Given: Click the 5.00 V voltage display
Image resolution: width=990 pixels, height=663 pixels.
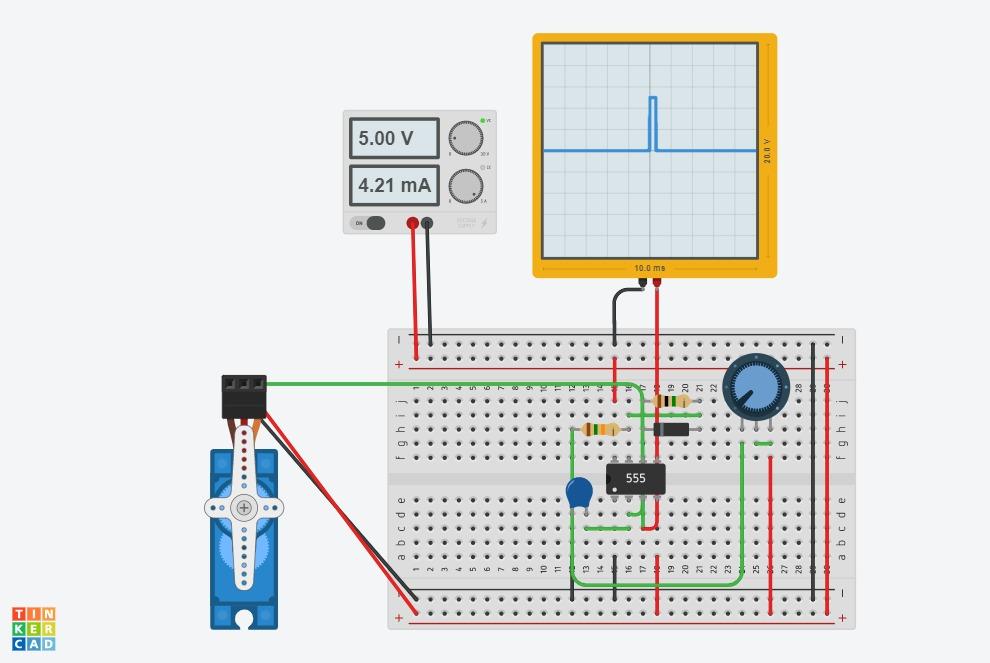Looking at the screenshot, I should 394,138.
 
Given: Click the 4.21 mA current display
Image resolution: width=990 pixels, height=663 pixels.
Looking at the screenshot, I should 394,185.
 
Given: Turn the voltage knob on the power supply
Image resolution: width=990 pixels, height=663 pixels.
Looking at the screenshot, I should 465,138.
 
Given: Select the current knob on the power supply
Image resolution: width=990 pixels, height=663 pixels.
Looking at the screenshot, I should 465,185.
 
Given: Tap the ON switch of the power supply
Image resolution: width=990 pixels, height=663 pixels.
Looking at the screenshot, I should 369,223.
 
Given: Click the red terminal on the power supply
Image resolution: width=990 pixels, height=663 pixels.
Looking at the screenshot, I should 412,223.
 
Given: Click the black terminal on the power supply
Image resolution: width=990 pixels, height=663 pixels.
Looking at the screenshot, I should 427,223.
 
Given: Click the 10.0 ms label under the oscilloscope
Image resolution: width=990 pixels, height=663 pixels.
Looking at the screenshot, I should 649,268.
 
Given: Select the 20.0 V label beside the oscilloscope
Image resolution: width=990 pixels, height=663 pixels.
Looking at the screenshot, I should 767,151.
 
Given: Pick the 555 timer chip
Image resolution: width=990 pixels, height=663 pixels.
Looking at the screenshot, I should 636,478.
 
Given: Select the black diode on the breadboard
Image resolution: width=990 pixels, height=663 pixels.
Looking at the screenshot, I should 671,429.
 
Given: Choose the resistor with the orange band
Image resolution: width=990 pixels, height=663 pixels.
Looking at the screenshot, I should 600,429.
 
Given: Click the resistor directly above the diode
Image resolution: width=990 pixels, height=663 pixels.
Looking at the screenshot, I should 671,401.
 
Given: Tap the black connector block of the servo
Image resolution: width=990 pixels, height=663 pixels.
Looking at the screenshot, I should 244,395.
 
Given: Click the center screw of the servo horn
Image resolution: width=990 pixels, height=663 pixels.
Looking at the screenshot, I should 244,508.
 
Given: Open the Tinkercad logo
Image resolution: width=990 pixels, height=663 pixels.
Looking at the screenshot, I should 34,628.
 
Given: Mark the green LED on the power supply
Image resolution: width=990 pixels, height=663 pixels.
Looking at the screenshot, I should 482,120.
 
